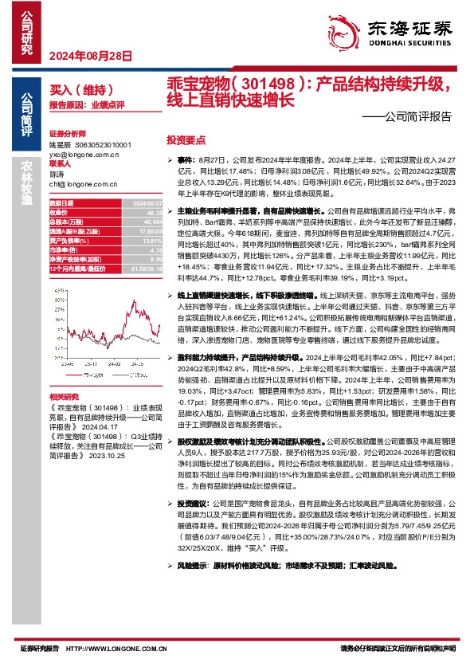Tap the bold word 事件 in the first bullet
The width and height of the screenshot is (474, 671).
186,161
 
